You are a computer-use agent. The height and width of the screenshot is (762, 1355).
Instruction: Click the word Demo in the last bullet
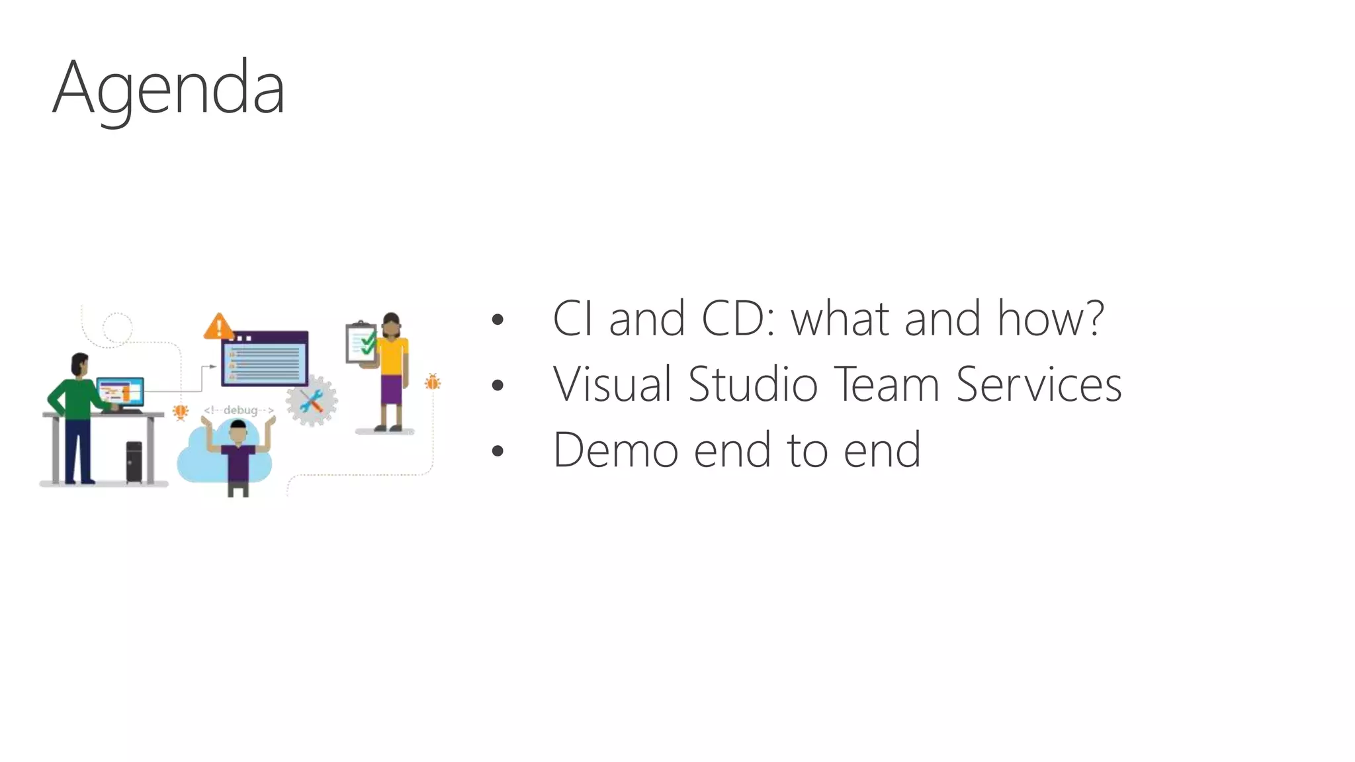click(615, 450)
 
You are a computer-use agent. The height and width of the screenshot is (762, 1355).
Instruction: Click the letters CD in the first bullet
click(732, 319)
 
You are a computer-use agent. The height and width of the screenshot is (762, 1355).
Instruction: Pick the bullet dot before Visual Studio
click(498, 386)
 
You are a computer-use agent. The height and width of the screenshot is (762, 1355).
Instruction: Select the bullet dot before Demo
click(498, 452)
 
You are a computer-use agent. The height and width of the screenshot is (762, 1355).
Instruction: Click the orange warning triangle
click(218, 327)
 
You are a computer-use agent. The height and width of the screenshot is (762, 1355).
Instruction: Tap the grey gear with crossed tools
click(311, 400)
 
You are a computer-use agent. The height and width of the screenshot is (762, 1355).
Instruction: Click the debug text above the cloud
click(240, 410)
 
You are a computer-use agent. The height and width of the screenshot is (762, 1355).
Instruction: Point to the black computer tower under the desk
click(134, 462)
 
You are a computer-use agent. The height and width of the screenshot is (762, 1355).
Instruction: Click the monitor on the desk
click(120, 391)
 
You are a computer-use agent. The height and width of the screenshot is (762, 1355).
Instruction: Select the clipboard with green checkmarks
click(361, 343)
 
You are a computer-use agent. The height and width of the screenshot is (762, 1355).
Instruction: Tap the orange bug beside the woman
click(433, 382)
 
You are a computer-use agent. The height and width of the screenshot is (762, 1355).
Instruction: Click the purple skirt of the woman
click(391, 389)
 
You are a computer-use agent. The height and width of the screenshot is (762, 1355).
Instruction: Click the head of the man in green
click(79, 364)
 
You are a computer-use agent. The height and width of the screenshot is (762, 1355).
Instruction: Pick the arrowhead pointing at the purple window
click(212, 366)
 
